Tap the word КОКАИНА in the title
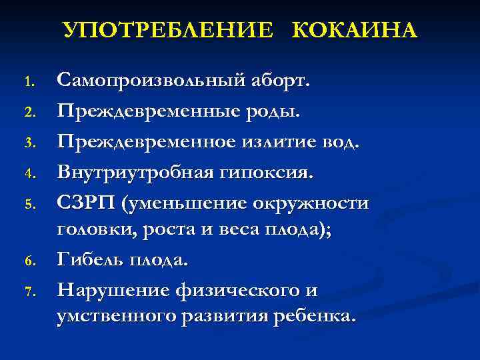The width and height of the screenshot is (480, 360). [x=354, y=31]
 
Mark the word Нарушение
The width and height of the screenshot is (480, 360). [x=111, y=291]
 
